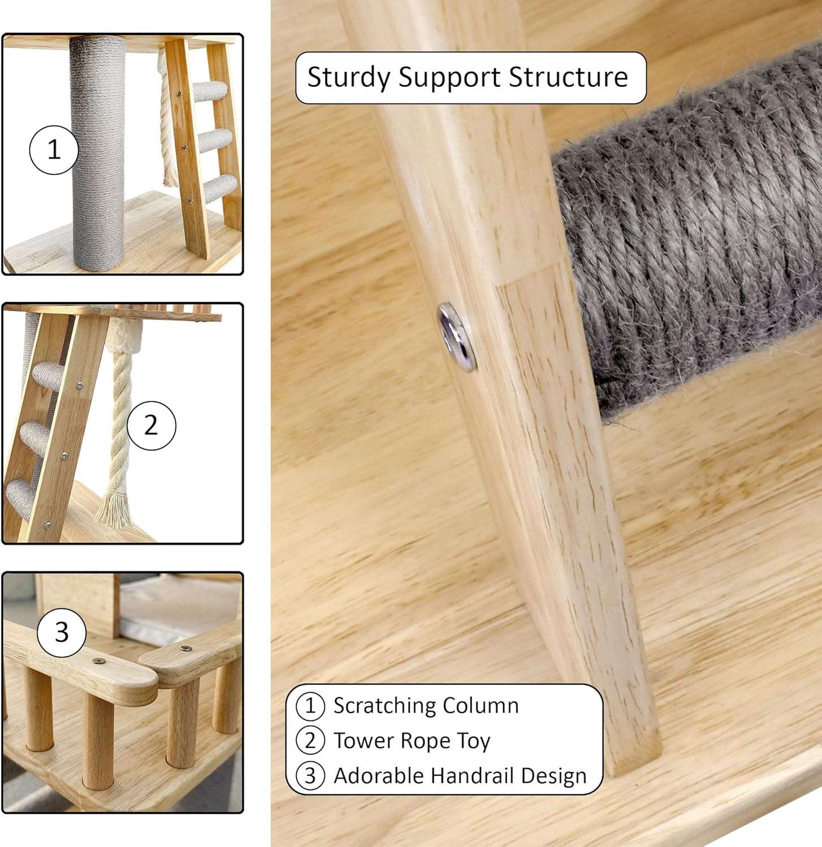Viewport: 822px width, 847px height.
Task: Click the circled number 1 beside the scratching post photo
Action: (54, 150)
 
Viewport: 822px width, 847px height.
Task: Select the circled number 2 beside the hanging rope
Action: (151, 425)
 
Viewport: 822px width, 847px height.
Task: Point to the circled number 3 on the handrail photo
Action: (62, 632)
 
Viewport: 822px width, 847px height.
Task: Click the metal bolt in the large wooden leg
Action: (457, 337)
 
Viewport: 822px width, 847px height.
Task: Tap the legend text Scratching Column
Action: (426, 706)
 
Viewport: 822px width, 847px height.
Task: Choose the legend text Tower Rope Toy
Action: (412, 741)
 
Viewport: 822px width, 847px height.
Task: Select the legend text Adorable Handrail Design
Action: (460, 775)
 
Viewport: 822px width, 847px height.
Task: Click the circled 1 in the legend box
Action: (310, 706)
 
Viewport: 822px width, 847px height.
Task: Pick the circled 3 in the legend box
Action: (310, 776)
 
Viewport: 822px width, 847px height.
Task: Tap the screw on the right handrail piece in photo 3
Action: (184, 648)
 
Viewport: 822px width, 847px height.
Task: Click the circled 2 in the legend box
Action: (310, 741)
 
